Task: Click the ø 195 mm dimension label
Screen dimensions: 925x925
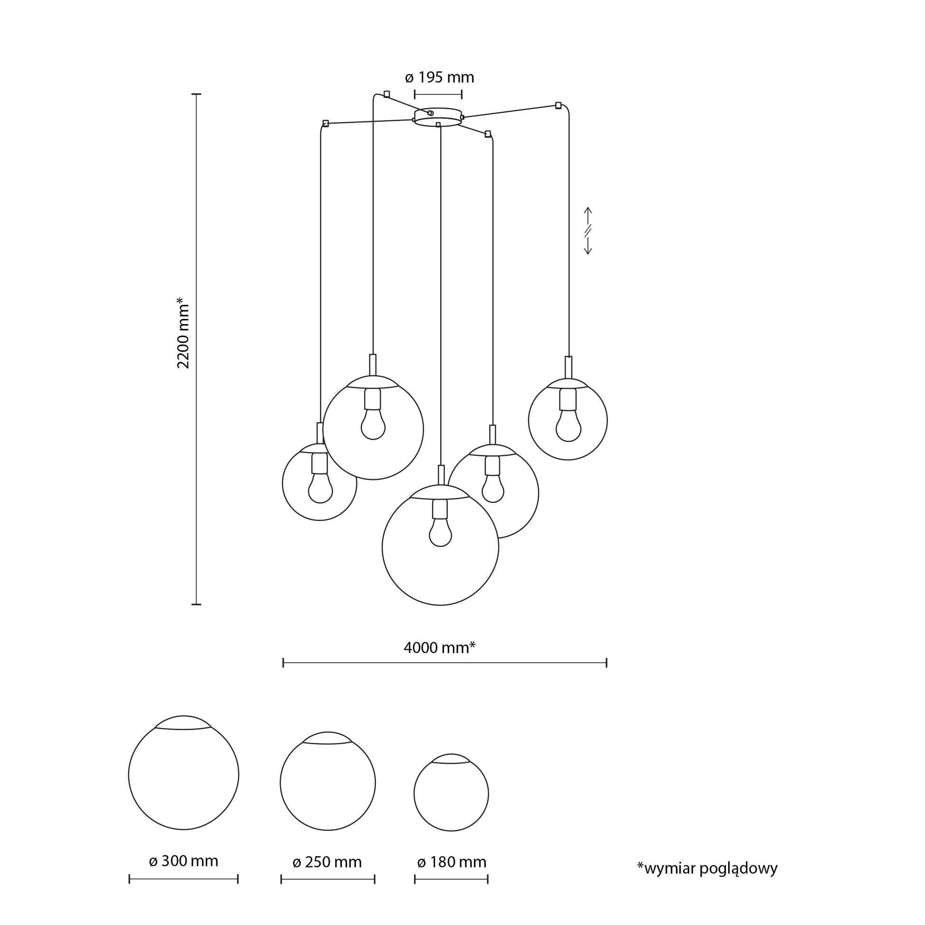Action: pyautogui.click(x=439, y=77)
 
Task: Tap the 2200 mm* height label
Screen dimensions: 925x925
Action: pyautogui.click(x=183, y=333)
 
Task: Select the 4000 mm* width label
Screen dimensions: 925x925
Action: pyautogui.click(x=439, y=648)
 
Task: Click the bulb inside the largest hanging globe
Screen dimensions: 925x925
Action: pyautogui.click(x=441, y=532)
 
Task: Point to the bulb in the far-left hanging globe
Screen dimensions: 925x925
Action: pyautogui.click(x=320, y=488)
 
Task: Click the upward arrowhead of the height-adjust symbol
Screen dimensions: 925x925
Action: pyautogui.click(x=588, y=210)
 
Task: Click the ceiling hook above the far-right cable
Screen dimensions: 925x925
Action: pyautogui.click(x=558, y=106)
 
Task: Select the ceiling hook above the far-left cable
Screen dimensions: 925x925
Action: pyautogui.click(x=326, y=124)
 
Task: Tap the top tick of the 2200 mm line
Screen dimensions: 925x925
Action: pyautogui.click(x=196, y=94)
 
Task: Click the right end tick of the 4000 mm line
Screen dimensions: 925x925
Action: pyautogui.click(x=607, y=663)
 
